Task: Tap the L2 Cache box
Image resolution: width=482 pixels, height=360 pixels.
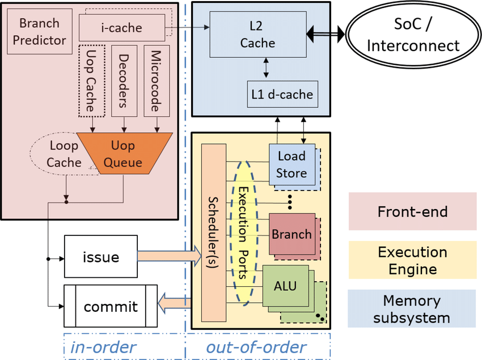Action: coord(257,35)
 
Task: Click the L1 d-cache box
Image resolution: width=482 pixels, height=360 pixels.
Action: coord(282,94)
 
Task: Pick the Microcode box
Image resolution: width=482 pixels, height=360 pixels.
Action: coord(158,79)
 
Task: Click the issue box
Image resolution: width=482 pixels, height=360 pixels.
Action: coord(101,257)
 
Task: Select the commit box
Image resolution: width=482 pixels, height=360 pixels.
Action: coord(110,307)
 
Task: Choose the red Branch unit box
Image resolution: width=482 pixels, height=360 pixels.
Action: coord(291,234)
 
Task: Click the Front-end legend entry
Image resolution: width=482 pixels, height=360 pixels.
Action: coord(412,211)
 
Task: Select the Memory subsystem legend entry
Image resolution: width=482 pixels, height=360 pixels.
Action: coord(412,308)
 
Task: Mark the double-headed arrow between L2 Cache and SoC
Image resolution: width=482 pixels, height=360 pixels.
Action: coord(325,35)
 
